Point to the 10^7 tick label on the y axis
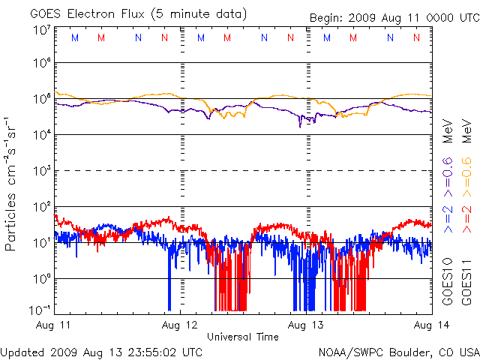point(41,31)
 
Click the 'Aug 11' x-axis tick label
point(52,325)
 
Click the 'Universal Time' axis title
point(243,337)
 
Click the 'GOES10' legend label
point(448,282)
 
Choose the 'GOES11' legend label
point(466,282)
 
